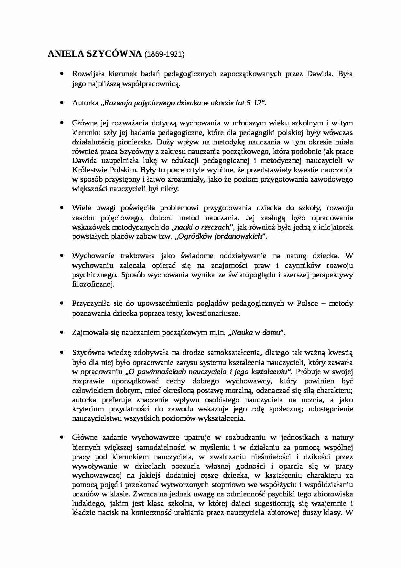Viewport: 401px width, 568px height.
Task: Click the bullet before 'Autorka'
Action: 61,103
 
